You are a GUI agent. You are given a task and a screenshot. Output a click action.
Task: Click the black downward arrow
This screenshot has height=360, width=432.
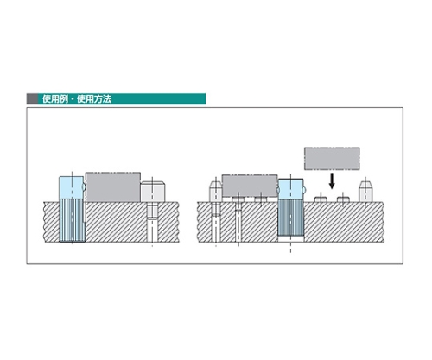tap(332, 180)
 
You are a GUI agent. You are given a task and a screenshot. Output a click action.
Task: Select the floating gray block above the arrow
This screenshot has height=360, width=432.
tap(332, 159)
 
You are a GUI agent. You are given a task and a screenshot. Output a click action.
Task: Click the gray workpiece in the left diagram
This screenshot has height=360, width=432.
tap(113, 187)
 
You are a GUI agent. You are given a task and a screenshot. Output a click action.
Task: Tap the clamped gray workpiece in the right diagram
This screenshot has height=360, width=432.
tap(250, 186)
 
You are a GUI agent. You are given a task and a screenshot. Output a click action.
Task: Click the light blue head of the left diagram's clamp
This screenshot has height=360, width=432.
tap(71, 187)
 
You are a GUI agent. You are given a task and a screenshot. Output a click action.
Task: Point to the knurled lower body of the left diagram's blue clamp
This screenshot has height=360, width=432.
tap(72, 220)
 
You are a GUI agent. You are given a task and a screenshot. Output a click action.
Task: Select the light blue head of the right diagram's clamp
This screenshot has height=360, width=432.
tap(290, 189)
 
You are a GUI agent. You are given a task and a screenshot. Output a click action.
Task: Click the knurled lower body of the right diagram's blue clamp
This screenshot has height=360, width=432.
tap(290, 218)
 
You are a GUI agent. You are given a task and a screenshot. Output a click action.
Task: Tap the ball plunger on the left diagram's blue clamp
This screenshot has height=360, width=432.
tap(84, 187)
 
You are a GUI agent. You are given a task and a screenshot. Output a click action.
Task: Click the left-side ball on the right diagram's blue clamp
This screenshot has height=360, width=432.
tap(278, 191)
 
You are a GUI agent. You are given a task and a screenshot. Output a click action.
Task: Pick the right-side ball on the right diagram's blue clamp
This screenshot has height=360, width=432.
tap(303, 191)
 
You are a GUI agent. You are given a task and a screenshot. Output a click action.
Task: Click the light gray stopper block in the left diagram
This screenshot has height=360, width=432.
tap(152, 192)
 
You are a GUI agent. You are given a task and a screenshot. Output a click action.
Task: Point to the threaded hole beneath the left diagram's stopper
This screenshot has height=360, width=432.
tap(152, 222)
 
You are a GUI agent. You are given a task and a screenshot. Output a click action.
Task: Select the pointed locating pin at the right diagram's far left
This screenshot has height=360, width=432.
tap(215, 191)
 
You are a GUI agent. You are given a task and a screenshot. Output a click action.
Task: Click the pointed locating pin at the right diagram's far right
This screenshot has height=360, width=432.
tap(365, 191)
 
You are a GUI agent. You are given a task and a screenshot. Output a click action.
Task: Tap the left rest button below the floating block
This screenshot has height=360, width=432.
tap(321, 199)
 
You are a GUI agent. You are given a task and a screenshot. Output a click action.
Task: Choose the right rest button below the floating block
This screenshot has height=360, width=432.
tap(343, 199)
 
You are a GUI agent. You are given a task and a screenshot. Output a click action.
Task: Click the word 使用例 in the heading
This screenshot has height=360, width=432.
tap(55, 99)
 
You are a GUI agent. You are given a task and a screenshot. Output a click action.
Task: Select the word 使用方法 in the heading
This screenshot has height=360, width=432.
tap(94, 99)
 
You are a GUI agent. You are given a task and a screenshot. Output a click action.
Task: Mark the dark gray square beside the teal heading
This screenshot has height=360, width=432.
tap(32, 98)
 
